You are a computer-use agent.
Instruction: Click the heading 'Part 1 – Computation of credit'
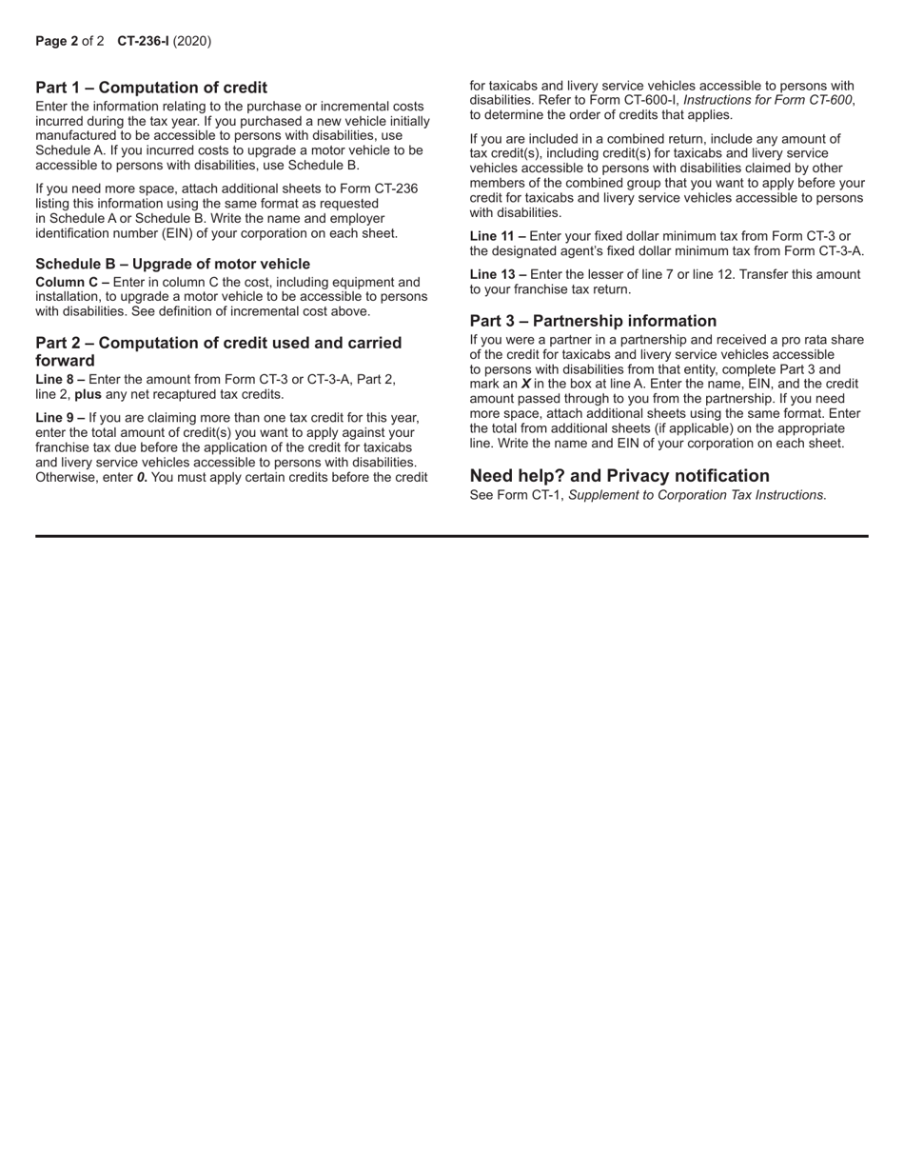[x=151, y=88]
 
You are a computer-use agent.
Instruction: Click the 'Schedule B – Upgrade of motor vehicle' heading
[x=172, y=264]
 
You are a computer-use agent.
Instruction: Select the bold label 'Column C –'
[x=71, y=283]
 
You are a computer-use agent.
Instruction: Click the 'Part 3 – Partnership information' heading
[x=593, y=321]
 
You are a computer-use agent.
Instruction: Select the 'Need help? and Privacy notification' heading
[x=619, y=476]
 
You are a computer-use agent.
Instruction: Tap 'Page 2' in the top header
[x=56, y=41]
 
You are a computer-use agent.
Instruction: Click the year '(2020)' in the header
[x=192, y=41]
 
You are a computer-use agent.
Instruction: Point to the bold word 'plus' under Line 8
[x=88, y=394]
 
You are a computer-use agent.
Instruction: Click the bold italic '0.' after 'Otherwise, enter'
[x=142, y=477]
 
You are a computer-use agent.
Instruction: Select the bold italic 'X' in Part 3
[x=525, y=385]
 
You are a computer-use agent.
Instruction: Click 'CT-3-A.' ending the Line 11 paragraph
[x=837, y=251]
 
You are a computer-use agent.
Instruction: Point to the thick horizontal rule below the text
[x=452, y=536]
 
